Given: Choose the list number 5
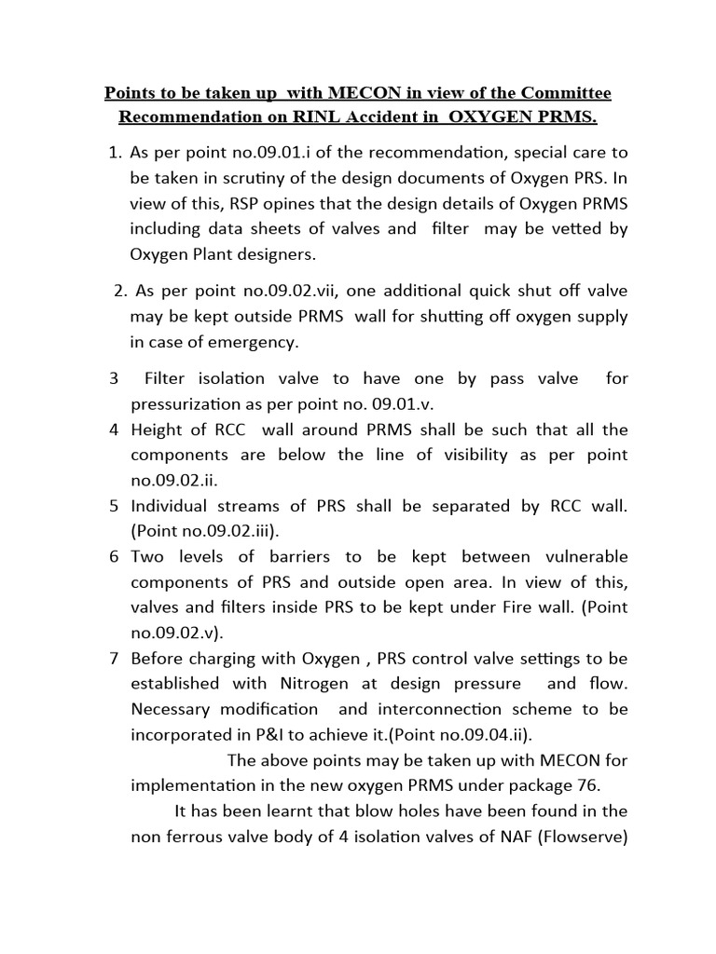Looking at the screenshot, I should click(113, 506).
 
